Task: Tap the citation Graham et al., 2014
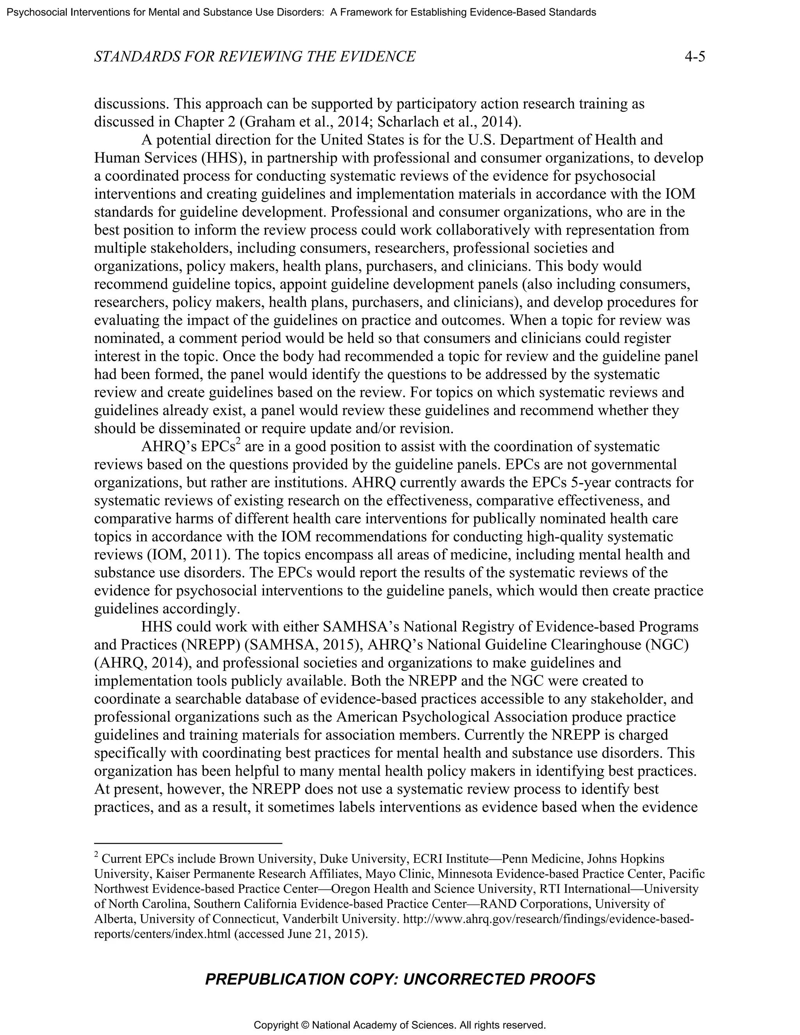(300, 122)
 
